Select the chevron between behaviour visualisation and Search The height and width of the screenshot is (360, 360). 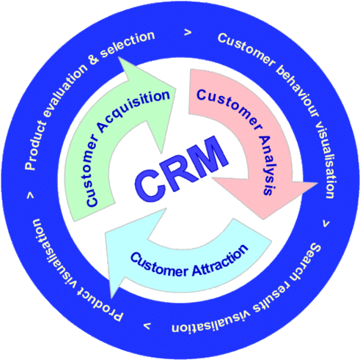(x=325, y=221)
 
